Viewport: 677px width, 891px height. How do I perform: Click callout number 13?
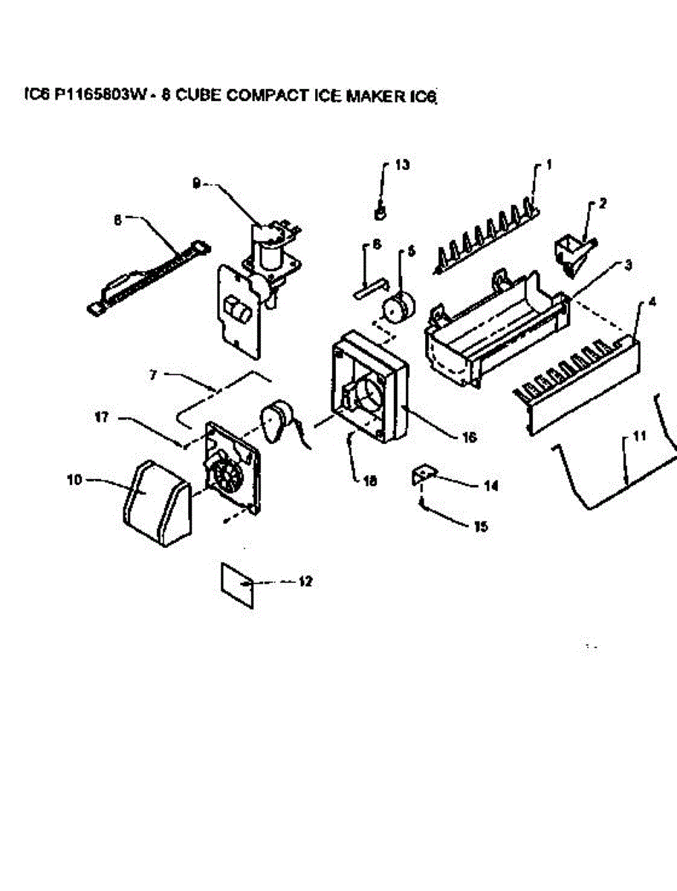pos(402,165)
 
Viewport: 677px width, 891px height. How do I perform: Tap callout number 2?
pos(602,203)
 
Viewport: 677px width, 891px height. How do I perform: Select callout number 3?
pos(628,265)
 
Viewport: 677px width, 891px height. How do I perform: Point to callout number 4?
pos(652,302)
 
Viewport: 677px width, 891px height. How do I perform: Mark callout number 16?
pos(469,437)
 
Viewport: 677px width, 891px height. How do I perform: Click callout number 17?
pos(102,418)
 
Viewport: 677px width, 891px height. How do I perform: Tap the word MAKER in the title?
pos(372,97)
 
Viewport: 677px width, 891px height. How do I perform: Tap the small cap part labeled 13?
pos(380,213)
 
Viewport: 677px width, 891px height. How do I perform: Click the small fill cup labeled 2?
pos(570,254)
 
